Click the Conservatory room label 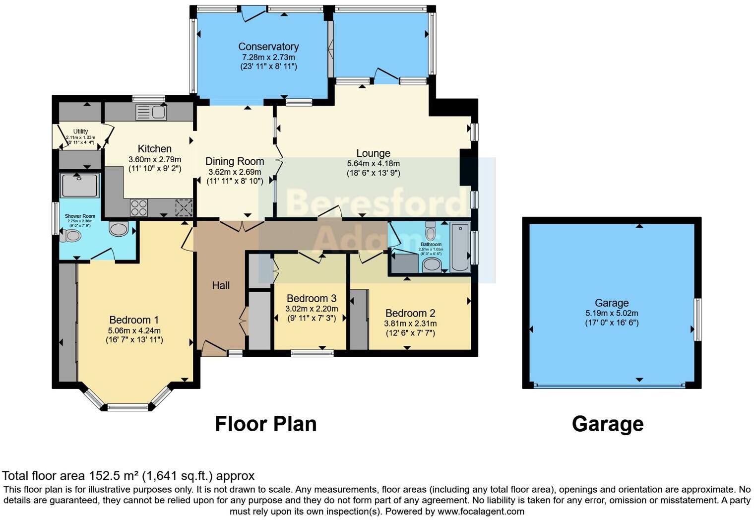[x=268, y=47]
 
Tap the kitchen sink [x=151, y=112]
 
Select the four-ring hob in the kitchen [x=139, y=207]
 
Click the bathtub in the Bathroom [x=460, y=247]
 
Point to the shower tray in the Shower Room [x=79, y=185]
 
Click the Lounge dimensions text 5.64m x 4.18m [x=373, y=163]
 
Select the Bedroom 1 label [x=134, y=320]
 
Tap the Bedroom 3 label [x=312, y=298]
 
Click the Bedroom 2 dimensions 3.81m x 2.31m [x=410, y=324]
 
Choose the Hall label [x=221, y=285]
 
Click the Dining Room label [x=235, y=161]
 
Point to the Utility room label [x=80, y=131]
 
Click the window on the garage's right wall [x=697, y=320]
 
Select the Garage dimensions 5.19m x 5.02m [x=612, y=313]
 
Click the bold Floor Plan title [x=265, y=424]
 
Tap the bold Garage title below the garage [x=608, y=424]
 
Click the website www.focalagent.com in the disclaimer [x=480, y=511]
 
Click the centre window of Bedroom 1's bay [x=128, y=407]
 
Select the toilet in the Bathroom [x=431, y=231]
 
